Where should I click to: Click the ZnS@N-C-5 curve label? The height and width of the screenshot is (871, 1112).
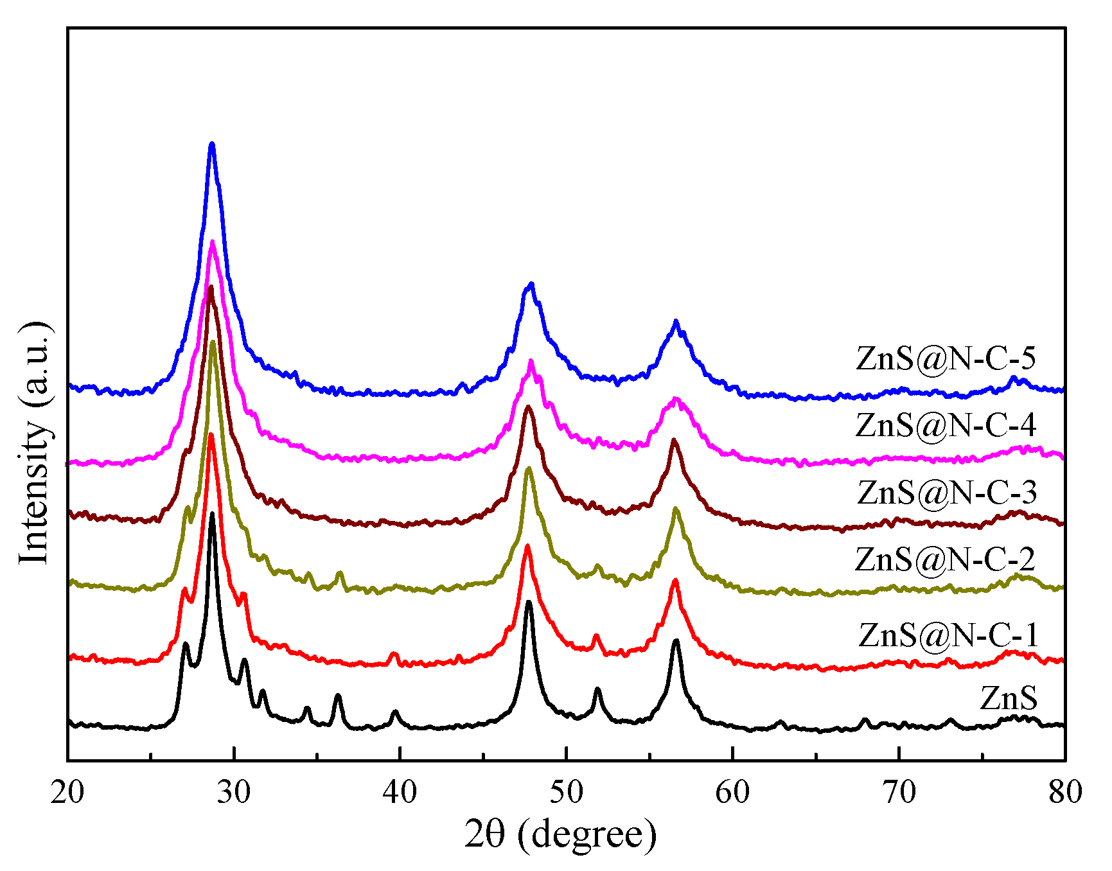click(x=946, y=358)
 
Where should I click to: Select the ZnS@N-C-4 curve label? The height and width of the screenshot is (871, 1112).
click(x=946, y=425)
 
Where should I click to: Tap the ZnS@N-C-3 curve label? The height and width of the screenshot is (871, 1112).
click(x=947, y=492)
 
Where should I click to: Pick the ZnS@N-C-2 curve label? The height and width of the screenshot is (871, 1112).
click(x=945, y=559)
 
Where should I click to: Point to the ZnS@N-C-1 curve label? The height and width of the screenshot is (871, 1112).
click(x=948, y=635)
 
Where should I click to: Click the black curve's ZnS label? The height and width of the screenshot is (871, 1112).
click(x=1009, y=698)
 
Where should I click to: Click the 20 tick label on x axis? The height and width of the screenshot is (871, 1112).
click(x=67, y=792)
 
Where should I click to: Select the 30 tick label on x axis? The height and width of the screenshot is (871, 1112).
click(x=234, y=792)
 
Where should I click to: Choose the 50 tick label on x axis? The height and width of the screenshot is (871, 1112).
click(x=566, y=792)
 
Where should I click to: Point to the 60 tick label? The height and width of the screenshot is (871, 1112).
click(x=732, y=792)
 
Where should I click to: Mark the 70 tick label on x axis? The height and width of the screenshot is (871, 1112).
click(x=899, y=792)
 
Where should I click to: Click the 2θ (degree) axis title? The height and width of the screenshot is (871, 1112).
click(x=560, y=834)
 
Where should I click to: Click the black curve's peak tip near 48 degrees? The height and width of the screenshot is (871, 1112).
click(x=528, y=602)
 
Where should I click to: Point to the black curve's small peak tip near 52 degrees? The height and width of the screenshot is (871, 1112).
click(x=597, y=689)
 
